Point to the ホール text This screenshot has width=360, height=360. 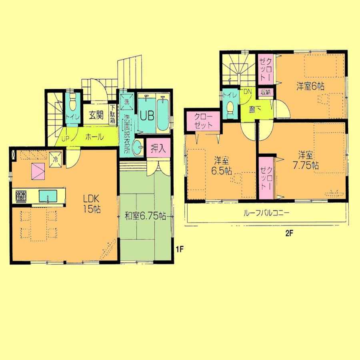pos(94,137)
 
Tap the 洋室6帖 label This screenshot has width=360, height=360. pos(310,86)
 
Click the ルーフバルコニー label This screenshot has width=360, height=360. pos(266,213)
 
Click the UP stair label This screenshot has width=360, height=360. pos(64,140)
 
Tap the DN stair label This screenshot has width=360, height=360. pos(248,92)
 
